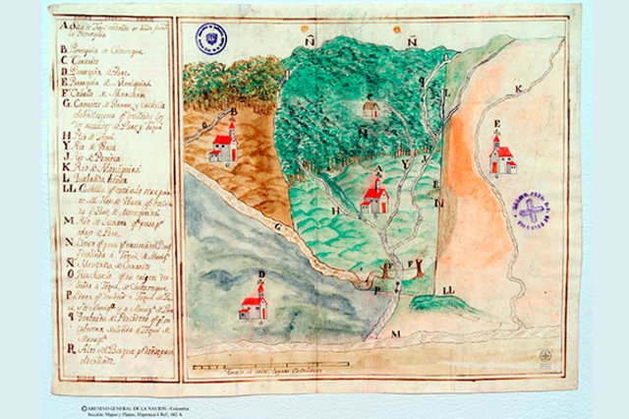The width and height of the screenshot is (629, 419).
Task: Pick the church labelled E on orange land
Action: tap(502, 155)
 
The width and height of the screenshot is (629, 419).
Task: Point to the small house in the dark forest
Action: tap(371, 109)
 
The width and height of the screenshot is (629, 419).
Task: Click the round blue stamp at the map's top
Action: tap(211, 38)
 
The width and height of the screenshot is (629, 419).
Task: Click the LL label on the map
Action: tap(448, 291)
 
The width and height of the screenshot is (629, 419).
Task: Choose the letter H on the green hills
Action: tap(336, 210)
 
